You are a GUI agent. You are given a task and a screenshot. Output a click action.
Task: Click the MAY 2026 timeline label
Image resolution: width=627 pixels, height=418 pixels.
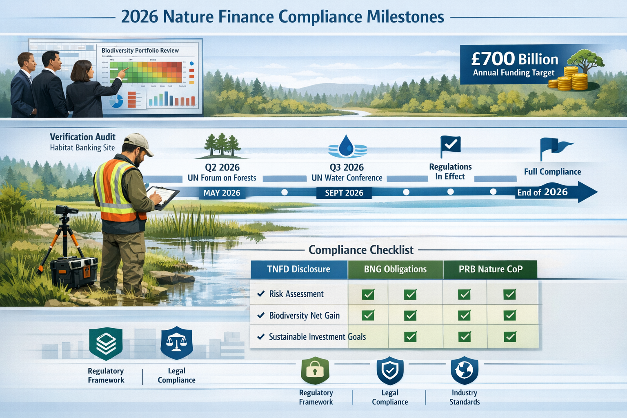(x=222, y=193)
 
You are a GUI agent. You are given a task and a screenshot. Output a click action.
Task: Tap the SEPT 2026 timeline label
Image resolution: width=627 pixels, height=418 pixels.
(x=344, y=193)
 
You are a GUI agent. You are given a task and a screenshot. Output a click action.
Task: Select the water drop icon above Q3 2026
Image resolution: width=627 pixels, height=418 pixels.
(x=347, y=146)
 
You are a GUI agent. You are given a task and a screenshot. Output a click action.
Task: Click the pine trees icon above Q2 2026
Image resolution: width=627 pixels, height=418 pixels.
(x=222, y=146)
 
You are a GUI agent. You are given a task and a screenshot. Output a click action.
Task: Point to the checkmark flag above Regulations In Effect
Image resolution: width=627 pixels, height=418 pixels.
(x=450, y=145)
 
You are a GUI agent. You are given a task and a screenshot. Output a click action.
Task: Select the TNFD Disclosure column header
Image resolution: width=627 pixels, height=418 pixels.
(x=298, y=269)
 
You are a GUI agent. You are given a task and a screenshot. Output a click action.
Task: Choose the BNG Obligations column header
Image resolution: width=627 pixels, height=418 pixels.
(x=395, y=269)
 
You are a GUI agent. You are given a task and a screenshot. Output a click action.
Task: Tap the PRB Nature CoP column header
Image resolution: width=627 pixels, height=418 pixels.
(x=490, y=269)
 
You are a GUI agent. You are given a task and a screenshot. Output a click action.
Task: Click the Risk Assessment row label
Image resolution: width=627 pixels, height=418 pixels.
(x=296, y=294)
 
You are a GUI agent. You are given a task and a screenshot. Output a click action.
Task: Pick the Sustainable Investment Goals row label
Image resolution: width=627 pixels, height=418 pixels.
(x=317, y=337)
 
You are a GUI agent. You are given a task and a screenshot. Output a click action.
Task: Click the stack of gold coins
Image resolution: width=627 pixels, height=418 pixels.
(x=569, y=79)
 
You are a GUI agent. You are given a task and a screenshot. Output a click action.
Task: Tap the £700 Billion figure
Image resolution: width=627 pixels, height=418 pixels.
(x=514, y=59)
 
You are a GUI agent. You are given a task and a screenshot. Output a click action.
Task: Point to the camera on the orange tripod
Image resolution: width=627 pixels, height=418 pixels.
(x=67, y=210)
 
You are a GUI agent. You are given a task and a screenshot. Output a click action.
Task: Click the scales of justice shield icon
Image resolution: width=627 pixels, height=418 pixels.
(x=176, y=343)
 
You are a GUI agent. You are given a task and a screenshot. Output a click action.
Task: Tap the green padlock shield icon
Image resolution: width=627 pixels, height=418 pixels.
(x=315, y=370)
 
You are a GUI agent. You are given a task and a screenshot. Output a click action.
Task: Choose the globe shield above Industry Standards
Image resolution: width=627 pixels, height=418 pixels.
(x=464, y=370)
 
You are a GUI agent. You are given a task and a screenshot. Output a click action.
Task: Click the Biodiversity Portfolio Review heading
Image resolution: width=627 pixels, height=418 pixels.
(x=140, y=51)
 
